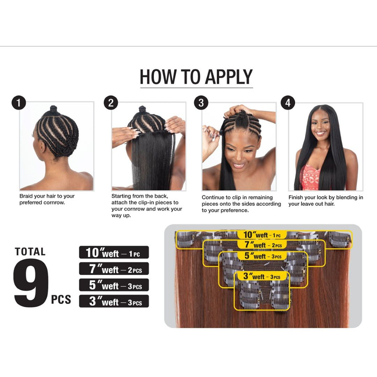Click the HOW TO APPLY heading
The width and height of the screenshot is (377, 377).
(x=196, y=77)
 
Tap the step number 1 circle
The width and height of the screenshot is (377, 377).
(x=19, y=103)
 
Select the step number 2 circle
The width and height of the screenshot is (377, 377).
(x=111, y=103)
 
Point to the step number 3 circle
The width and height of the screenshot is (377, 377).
(x=201, y=103)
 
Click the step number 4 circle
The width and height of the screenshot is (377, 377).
(x=288, y=103)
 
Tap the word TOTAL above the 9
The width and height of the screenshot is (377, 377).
(x=30, y=252)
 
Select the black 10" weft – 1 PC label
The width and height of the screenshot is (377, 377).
(x=114, y=252)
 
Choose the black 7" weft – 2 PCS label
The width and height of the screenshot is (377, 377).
(x=114, y=269)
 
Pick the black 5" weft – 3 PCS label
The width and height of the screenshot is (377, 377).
(x=114, y=285)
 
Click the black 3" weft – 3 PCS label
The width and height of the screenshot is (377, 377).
(x=114, y=301)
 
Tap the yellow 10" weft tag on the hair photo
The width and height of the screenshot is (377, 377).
(x=262, y=235)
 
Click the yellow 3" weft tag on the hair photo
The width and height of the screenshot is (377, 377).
(x=262, y=276)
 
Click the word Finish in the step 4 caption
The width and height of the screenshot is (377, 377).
(x=296, y=198)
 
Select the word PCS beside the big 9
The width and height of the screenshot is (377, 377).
(x=61, y=300)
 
